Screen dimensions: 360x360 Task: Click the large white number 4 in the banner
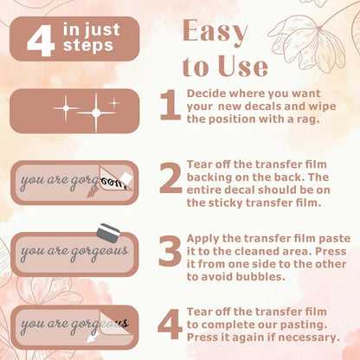point(41,40)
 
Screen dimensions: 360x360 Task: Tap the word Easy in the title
point(215,31)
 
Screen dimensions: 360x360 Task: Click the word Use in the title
point(243,67)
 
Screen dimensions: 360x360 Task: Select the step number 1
point(170,105)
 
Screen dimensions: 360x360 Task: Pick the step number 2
point(170,177)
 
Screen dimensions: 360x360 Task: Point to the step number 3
point(170,251)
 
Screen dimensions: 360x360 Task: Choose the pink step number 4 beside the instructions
point(170,324)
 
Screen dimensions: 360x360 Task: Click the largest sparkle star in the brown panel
point(96,112)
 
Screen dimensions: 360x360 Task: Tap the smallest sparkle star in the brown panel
point(114,102)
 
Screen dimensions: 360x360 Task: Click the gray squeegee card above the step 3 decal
point(108,233)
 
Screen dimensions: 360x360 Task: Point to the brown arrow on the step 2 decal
point(93,192)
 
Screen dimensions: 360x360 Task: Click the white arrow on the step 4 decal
point(93,337)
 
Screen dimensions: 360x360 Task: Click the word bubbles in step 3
point(260,277)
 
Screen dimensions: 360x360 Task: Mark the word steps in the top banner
point(88,46)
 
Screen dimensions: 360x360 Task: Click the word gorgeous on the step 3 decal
point(100,252)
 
